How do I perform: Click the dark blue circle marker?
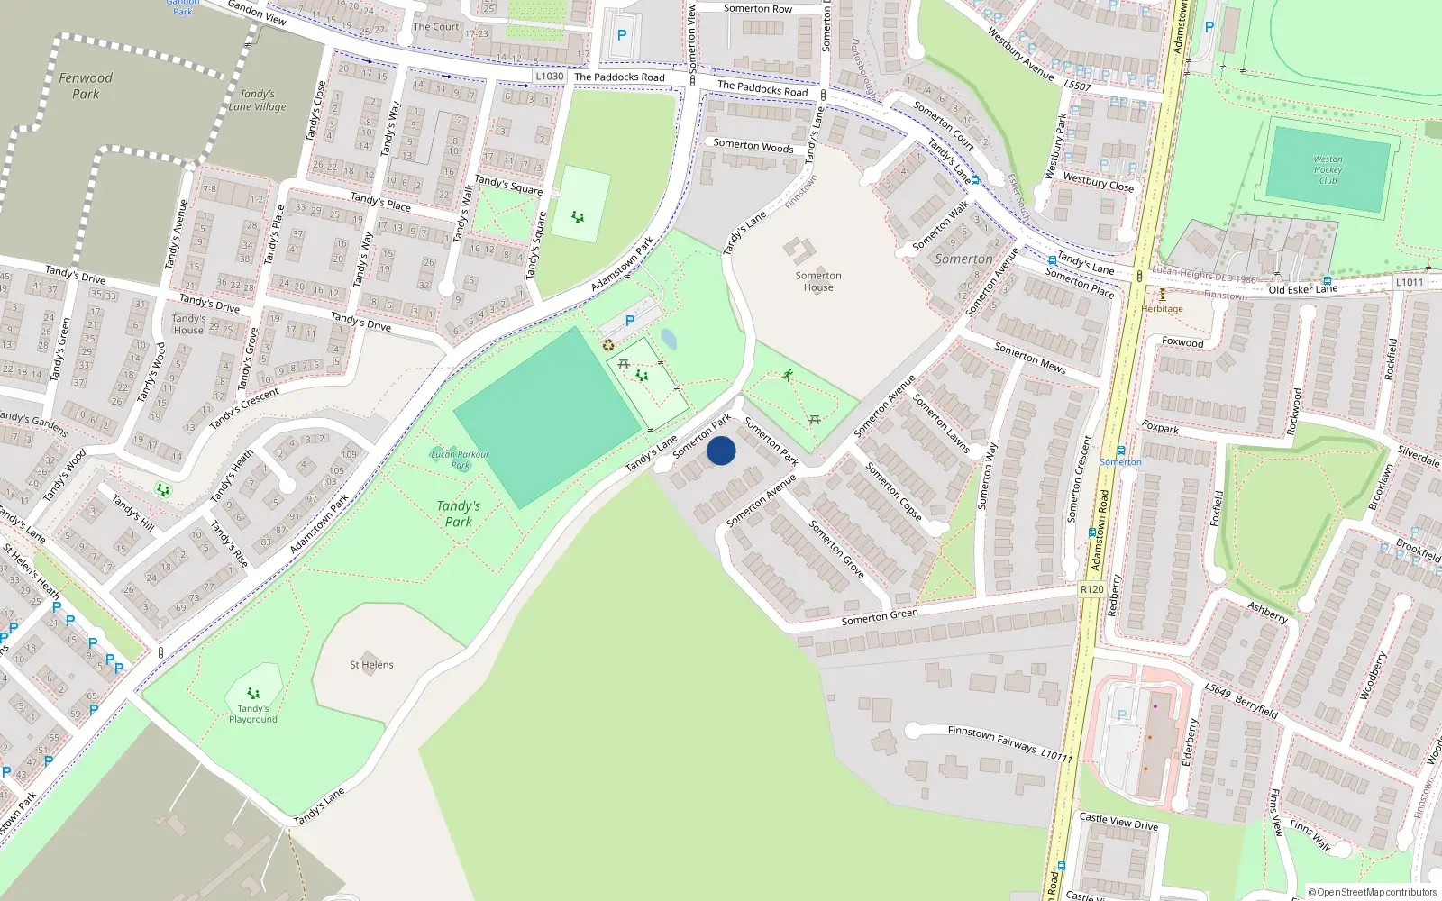click(721, 450)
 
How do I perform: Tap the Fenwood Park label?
click(86, 86)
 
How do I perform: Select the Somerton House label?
click(818, 281)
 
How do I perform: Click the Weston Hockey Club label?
click(1328, 169)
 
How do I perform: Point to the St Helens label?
click(371, 665)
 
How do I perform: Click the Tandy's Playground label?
click(253, 714)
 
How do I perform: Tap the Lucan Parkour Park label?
click(460, 460)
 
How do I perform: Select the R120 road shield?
click(1091, 589)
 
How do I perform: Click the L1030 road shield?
click(549, 77)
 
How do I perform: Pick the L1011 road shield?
click(1410, 282)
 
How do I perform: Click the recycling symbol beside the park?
click(608, 344)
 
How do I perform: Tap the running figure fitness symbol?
click(788, 375)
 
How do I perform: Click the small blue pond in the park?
click(668, 339)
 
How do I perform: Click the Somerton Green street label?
click(880, 616)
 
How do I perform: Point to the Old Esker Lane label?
click(1302, 289)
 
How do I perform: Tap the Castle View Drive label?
click(1118, 821)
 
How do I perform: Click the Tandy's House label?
click(188, 324)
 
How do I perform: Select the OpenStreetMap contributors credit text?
click(1372, 892)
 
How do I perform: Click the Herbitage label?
click(1162, 308)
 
